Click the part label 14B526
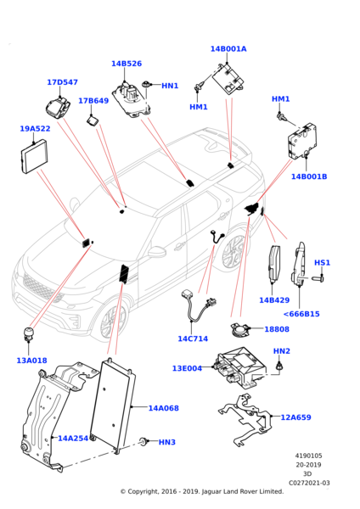tap(127, 64)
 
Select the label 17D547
tap(62, 82)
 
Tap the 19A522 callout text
tap(35, 129)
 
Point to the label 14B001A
tap(228, 48)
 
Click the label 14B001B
tap(309, 176)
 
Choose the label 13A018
tap(32, 361)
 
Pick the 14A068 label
tap(163, 408)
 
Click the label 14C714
tap(193, 338)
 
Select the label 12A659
tap(295, 417)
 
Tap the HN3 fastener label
tap(167, 442)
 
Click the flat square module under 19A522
tap(35, 157)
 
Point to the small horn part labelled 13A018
tap(29, 333)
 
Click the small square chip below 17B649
tap(92, 121)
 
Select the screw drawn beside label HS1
tap(318, 278)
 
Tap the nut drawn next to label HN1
tap(147, 84)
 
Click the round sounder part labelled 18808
tap(239, 330)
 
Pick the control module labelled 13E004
tap(240, 367)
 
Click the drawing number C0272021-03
tap(309, 483)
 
